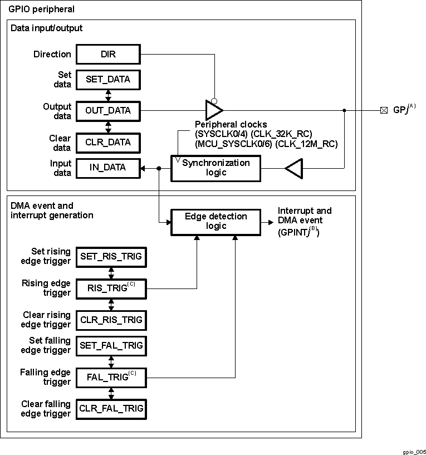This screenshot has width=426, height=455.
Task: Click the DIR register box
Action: pos(108,54)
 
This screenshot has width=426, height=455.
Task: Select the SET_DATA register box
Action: pos(108,79)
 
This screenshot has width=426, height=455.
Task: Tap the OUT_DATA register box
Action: pos(108,110)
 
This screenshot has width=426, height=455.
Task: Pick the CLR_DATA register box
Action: pos(108,142)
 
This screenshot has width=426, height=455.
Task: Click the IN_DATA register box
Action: pos(108,167)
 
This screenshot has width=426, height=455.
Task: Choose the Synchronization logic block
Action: pos(216,168)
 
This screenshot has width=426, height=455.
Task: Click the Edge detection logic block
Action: pos(216,221)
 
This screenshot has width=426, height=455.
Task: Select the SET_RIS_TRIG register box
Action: pos(111,257)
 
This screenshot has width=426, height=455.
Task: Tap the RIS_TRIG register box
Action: pos(111,288)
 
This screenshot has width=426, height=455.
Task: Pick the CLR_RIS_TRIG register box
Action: pos(111,320)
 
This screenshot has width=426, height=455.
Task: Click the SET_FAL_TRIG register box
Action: pos(111,345)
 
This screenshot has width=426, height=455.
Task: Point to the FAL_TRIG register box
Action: pos(111,377)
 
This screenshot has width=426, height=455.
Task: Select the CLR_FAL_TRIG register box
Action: pos(111,408)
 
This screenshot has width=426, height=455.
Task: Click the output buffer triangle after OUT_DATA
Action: pos(214,110)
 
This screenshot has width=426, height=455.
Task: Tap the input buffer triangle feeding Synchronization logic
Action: pos(294,168)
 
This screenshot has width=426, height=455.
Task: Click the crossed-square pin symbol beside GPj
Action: pos(384,110)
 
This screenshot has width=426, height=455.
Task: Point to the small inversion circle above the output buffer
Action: pos(214,100)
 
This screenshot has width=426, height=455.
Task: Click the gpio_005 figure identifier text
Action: pos(414,452)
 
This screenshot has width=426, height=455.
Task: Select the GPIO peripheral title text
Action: pos(42,9)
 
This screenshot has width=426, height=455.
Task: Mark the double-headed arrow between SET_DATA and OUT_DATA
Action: pos(108,95)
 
